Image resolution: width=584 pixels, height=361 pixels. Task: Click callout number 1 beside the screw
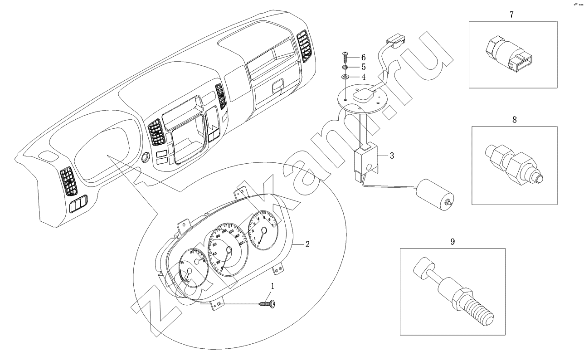[x=273, y=286]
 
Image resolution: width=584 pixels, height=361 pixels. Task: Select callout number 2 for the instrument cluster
[x=307, y=244]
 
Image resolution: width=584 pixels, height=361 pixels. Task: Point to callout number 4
[x=363, y=77]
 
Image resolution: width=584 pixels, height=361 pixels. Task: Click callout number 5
[x=363, y=67]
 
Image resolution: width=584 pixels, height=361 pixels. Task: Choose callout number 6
[x=363, y=57]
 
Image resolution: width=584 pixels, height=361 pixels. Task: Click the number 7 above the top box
[x=512, y=15]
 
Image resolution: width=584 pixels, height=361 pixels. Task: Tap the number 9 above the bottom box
[x=453, y=242]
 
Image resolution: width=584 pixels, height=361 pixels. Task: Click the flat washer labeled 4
[x=345, y=78]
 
